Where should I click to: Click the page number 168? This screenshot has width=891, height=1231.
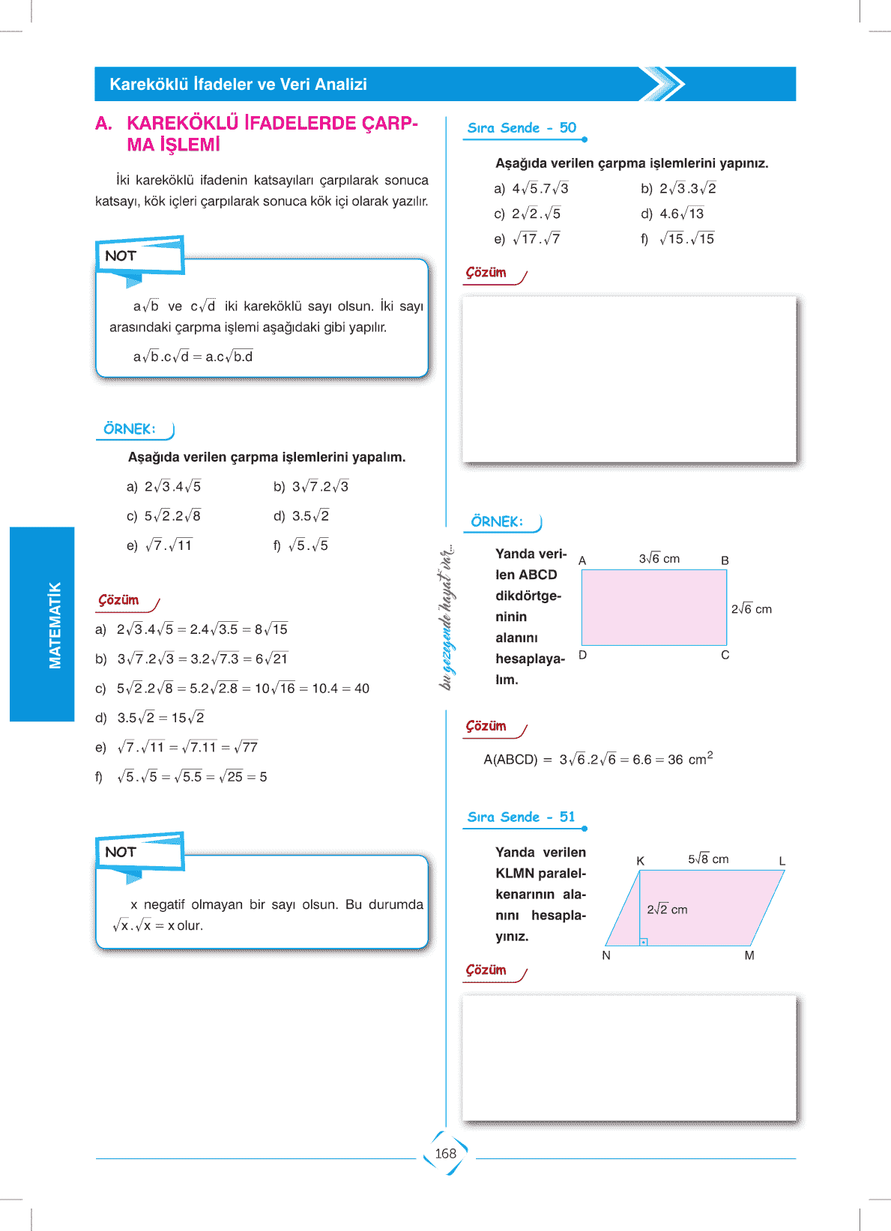445,1154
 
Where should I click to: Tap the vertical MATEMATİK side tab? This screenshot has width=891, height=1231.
54,625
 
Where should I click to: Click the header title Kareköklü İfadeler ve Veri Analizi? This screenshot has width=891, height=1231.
238,85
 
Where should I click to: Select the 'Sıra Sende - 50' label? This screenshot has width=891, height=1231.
522,128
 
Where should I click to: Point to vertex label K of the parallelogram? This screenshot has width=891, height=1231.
640,861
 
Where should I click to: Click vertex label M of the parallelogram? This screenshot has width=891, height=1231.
749,955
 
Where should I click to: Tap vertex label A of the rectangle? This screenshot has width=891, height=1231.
582,560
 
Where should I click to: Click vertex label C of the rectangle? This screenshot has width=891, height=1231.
725,655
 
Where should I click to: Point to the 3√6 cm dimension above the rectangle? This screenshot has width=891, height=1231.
659,559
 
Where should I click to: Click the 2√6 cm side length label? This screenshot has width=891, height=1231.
751,609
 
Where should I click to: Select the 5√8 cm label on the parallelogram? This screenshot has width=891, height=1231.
708,859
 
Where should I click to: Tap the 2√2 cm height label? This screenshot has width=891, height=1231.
667,910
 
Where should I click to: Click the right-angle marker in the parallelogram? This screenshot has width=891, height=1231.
643,942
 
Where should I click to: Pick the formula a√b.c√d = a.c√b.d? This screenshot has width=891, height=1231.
193,357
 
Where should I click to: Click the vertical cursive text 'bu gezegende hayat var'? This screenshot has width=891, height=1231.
447,617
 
